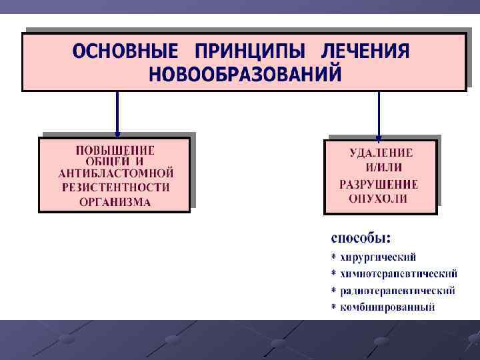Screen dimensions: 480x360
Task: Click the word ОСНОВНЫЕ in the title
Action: pyautogui.click(x=126, y=51)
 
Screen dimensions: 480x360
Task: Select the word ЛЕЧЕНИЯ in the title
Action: pyautogui.click(x=365, y=51)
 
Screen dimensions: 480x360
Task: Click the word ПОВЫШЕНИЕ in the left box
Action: pyautogui.click(x=115, y=150)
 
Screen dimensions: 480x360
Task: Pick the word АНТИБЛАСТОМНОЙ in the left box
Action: pyautogui.click(x=115, y=173)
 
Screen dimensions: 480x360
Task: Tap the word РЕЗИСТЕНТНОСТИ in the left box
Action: pyautogui.click(x=115, y=187)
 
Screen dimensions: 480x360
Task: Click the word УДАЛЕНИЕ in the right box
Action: pyautogui.click(x=381, y=153)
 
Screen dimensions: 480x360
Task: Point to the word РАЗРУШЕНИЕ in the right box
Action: pyautogui.click(x=379, y=184)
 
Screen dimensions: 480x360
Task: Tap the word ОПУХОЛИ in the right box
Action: pyautogui.click(x=378, y=199)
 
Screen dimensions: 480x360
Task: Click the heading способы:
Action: pyautogui.click(x=361, y=237)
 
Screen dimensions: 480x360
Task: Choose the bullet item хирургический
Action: pyautogui.click(x=378, y=257)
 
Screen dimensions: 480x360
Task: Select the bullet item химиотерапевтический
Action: pyautogui.click(x=399, y=273)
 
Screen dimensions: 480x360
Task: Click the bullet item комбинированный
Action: pyautogui.click(x=387, y=307)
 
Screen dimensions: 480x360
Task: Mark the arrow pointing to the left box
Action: pyautogui.click(x=117, y=114)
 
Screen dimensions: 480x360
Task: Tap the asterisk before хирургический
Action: pyautogui.click(x=333, y=257)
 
